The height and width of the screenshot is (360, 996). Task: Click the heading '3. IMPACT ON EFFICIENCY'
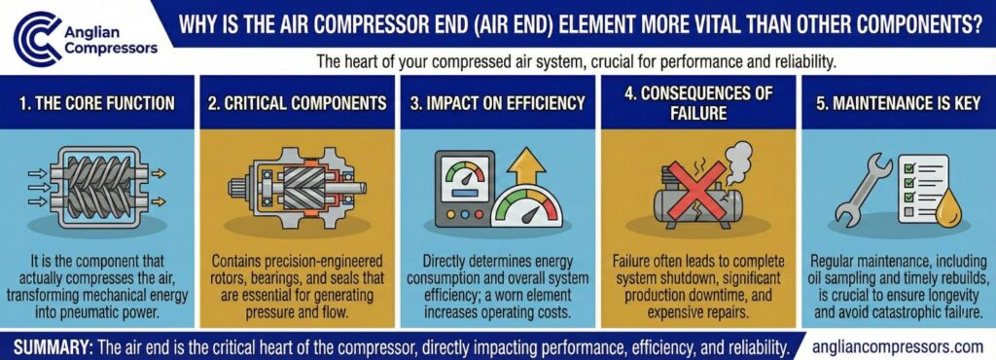pyautogui.click(x=497, y=102)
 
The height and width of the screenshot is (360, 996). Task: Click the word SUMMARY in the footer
pyautogui.click(x=55, y=345)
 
